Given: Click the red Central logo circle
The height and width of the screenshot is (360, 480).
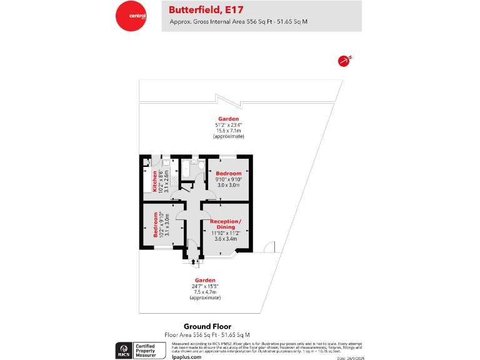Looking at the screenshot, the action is pyautogui.click(x=131, y=16).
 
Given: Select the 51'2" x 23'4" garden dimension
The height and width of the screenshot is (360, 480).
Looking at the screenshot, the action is pyautogui.click(x=228, y=124).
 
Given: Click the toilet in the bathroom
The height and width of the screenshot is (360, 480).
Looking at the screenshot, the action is pyautogui.click(x=196, y=162).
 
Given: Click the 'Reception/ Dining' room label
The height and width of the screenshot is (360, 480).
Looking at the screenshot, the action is pyautogui.click(x=226, y=224).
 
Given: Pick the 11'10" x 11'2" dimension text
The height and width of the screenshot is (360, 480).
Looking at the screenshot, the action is pyautogui.click(x=226, y=232).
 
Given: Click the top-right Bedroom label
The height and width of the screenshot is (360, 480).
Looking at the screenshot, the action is pyautogui.click(x=228, y=173).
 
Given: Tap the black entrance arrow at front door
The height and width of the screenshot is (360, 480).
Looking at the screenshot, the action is pyautogui.click(x=192, y=261).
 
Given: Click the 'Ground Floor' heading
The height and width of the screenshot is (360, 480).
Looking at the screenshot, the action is pyautogui.click(x=207, y=326).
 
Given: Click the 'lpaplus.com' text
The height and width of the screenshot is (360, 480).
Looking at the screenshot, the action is pyautogui.click(x=186, y=356).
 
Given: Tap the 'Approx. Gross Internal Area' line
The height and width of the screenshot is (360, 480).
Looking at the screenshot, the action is pyautogui.click(x=238, y=22).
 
